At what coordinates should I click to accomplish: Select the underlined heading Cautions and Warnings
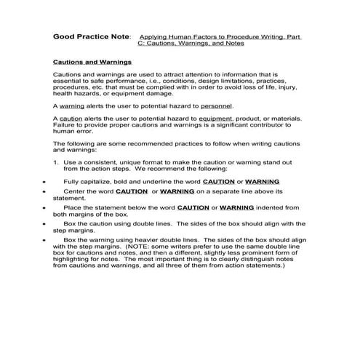92,63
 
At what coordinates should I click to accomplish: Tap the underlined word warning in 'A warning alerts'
72,105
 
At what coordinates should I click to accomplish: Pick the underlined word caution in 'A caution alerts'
71,118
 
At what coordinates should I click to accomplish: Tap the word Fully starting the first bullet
71,180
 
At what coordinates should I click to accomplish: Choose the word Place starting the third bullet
71,207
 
